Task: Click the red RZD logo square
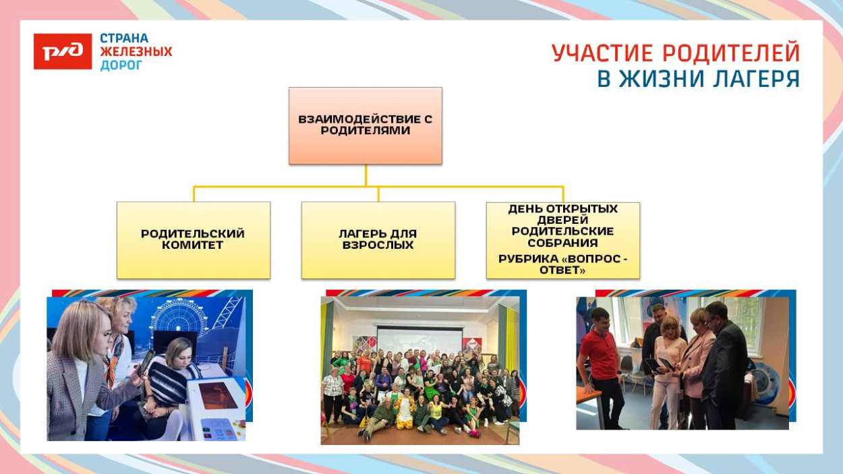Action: point(63,52)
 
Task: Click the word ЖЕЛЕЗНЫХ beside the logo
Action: point(136,52)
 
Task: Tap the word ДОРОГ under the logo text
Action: point(121,65)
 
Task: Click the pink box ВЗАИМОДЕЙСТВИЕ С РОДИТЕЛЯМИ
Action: point(365,125)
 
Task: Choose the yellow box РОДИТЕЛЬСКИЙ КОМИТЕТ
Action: point(193,240)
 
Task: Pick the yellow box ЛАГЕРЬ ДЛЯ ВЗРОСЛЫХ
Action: point(378,240)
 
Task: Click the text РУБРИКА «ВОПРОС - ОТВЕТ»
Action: point(562,264)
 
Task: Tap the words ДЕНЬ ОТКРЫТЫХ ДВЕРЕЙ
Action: point(562,214)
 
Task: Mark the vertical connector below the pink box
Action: point(366,175)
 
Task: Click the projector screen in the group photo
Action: point(418,340)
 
